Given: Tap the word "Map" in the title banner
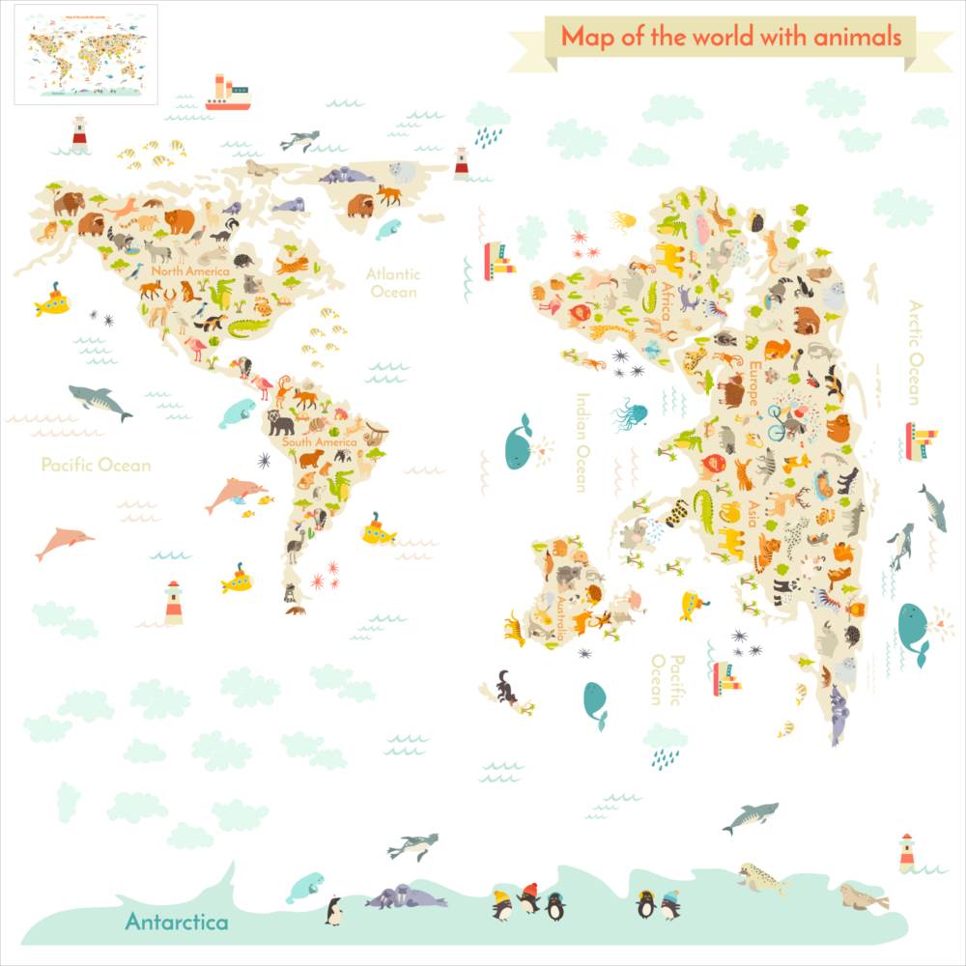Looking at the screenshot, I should (x=582, y=37).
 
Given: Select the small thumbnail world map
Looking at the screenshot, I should (x=86, y=54).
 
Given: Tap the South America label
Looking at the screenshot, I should (x=319, y=442).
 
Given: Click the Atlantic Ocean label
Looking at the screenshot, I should (x=392, y=282).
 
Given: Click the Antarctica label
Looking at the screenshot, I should (x=177, y=922).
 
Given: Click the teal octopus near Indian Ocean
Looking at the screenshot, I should (x=630, y=413).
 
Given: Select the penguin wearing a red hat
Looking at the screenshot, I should (x=528, y=897).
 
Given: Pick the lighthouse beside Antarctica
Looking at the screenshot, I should (x=906, y=852).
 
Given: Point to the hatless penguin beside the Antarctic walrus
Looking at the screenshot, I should (x=333, y=909).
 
